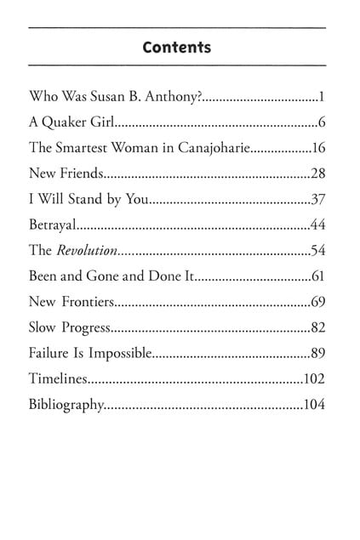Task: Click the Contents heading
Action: coord(177,48)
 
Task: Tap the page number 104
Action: coord(315,406)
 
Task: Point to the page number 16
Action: coord(320,148)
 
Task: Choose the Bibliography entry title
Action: coord(66,406)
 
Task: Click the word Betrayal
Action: coord(53,225)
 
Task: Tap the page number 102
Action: coord(315,380)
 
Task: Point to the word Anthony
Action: coord(173,96)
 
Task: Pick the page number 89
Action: coord(319,354)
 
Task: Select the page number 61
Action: coord(319,277)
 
